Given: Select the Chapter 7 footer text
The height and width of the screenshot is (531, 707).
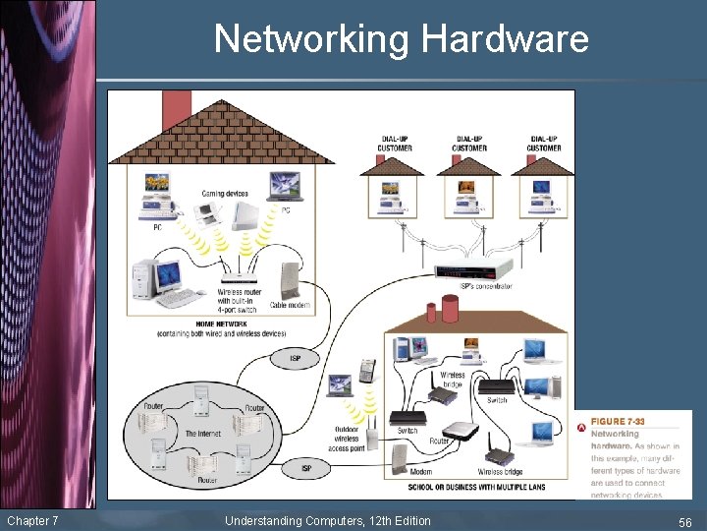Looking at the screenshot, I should (x=32, y=520).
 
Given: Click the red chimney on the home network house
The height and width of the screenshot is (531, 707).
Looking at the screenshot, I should (x=177, y=109).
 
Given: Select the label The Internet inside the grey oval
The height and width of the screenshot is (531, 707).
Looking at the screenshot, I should (x=202, y=433).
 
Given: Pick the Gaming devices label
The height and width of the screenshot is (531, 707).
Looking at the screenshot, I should (x=225, y=194).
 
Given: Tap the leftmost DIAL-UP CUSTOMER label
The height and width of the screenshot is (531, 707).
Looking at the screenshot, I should (x=395, y=144).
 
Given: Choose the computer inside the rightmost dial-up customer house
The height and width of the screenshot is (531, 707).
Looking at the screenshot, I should (x=543, y=193).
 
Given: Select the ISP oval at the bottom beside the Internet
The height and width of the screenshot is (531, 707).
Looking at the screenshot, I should (x=305, y=468).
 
